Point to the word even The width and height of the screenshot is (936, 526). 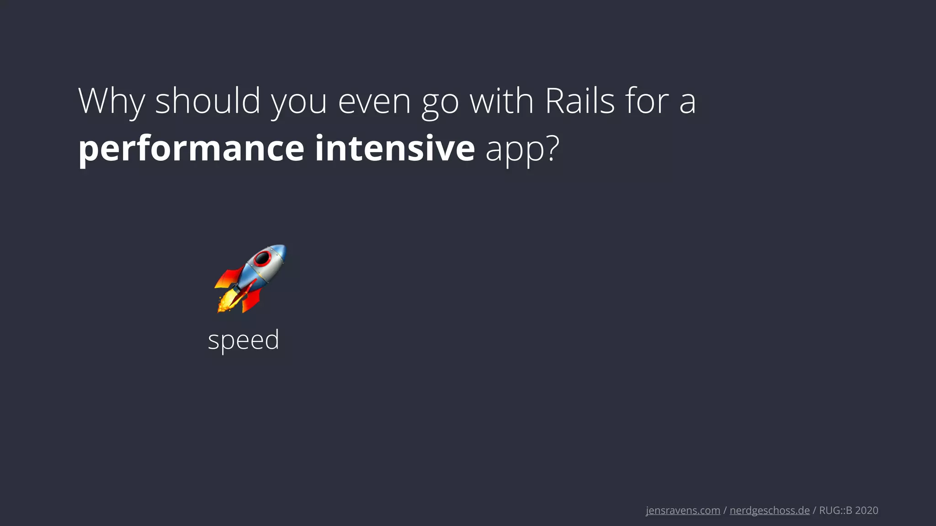click(x=374, y=102)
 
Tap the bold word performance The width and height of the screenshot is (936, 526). click(x=191, y=149)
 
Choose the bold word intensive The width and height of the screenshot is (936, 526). click(x=395, y=148)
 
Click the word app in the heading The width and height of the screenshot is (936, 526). click(x=515, y=151)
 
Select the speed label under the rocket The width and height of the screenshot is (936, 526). click(x=244, y=340)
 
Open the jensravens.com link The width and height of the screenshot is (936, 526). click(x=683, y=510)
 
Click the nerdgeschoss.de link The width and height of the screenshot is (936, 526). click(x=770, y=510)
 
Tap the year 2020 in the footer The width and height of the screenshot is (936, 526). click(x=867, y=510)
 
